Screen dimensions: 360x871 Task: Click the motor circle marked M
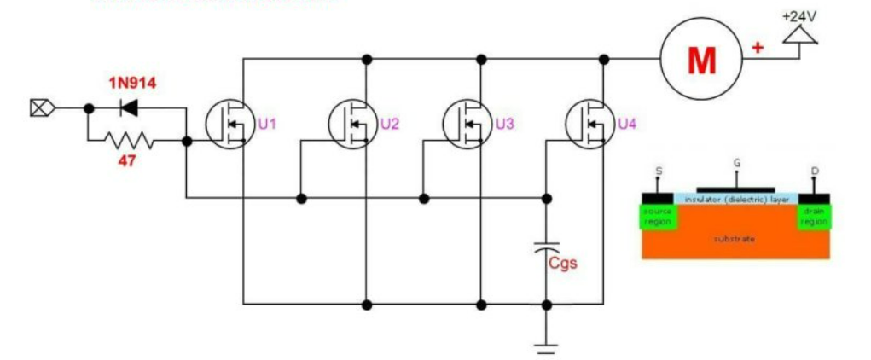701,58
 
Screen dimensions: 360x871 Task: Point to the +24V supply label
799,16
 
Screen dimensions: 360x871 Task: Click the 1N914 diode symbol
130,107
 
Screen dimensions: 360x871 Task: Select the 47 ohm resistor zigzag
129,138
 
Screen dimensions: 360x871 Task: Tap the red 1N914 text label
132,83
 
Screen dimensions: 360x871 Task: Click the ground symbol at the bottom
546,346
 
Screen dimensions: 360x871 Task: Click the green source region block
658,216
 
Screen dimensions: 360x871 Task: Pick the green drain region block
814,216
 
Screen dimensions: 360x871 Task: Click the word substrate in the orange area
734,239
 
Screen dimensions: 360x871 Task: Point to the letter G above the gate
736,162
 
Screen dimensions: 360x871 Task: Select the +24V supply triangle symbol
800,34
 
